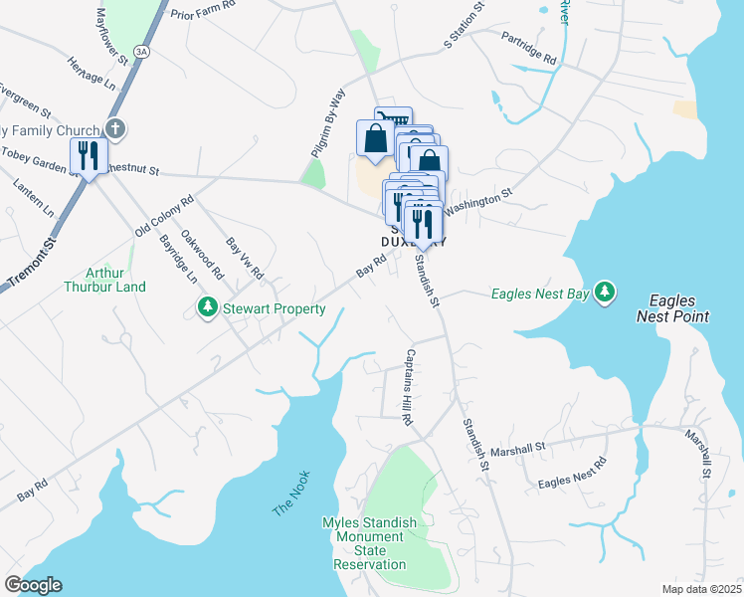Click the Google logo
click(33, 585)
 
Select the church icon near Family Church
click(116, 128)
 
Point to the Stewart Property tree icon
click(208, 308)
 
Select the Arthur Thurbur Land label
click(115, 280)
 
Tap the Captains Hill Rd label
click(408, 388)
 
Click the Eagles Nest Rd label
click(572, 474)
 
